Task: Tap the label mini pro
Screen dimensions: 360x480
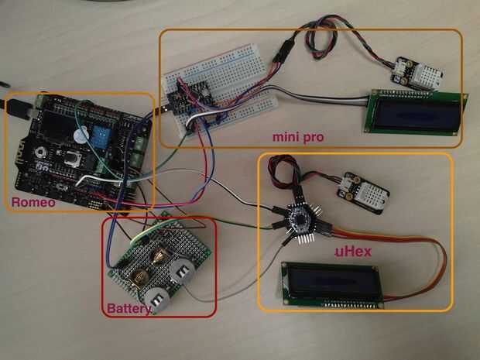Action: pos(298,137)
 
